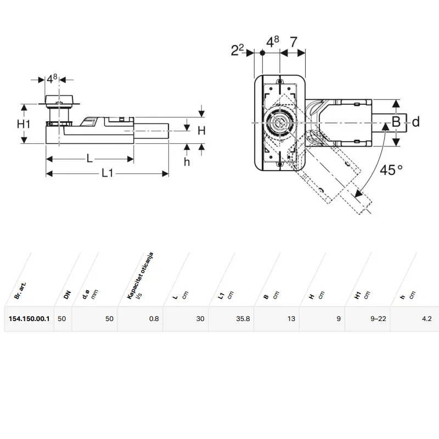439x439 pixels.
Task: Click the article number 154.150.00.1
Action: pyautogui.click(x=29, y=319)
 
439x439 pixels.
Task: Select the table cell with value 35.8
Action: pyautogui.click(x=243, y=319)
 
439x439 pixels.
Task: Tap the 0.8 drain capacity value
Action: pyautogui.click(x=154, y=319)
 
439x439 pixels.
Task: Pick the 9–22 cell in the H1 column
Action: pyautogui.click(x=378, y=319)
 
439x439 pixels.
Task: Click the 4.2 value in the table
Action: pyautogui.click(x=427, y=319)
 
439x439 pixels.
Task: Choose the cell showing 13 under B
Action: pyautogui.click(x=291, y=319)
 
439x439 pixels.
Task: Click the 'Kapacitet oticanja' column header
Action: pyautogui.click(x=140, y=276)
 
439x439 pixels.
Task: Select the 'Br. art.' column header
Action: pyautogui.click(x=20, y=291)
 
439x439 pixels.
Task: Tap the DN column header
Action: pyautogui.click(x=67, y=295)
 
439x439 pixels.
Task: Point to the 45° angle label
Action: pyautogui.click(x=391, y=170)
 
